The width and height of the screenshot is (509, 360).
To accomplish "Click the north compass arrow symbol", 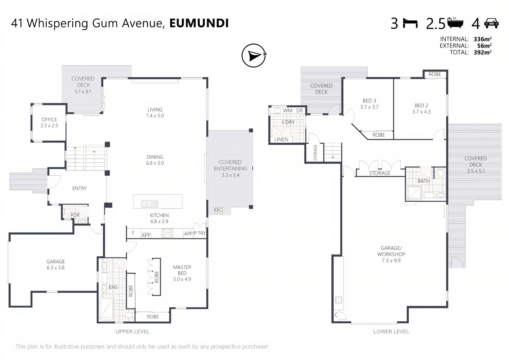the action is coord(254,55).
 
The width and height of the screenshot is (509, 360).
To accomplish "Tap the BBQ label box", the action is coord(218,210).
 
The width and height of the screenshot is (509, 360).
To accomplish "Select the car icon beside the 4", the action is coord(491,23).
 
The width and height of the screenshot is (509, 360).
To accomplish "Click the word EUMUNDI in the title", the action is coord(199,23).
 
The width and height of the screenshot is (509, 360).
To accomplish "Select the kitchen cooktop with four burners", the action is coord(167,233).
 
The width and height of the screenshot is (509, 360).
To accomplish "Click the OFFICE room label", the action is coord(49,120).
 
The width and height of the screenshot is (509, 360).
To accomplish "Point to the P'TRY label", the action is coord(200,233).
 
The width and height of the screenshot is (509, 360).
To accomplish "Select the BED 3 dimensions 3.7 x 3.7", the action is coord(369,107).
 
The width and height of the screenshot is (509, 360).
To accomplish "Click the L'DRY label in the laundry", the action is coord(288,122).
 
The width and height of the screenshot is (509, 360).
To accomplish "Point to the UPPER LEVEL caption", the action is coord(133,332).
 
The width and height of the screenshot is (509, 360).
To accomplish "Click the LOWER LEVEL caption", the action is coord(391,332).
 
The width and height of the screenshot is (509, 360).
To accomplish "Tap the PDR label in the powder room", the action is coord(75,215).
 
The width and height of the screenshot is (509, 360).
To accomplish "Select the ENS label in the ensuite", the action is coord(113,287).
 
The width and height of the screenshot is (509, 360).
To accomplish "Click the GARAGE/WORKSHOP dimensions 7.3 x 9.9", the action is coord(391,261).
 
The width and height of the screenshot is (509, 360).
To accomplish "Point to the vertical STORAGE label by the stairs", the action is coord(315,153).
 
